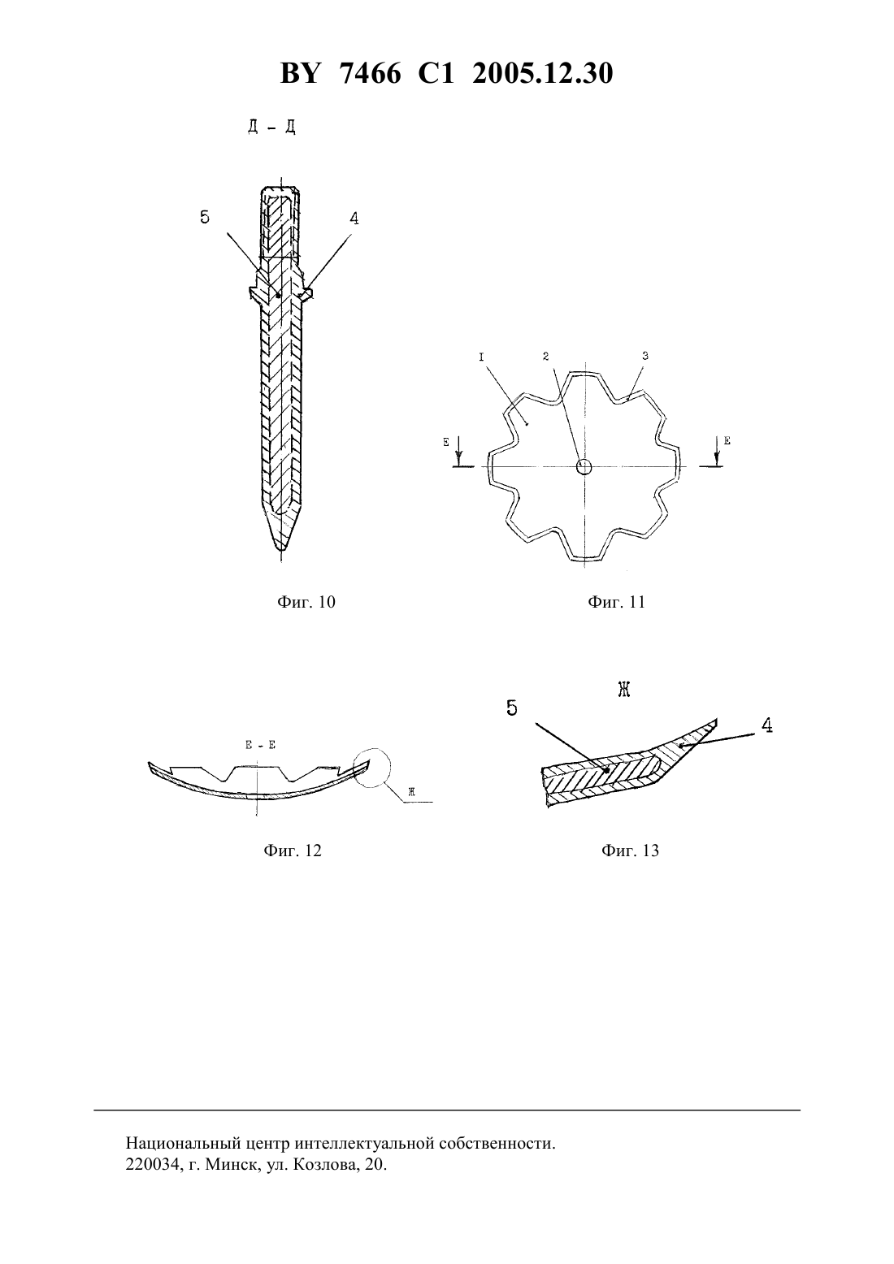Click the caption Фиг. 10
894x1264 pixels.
point(306,602)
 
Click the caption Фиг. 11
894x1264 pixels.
point(616,602)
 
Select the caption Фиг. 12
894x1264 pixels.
point(293,851)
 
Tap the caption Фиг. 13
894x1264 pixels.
point(630,851)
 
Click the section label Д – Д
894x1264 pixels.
point(271,128)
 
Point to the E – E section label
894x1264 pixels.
point(260,745)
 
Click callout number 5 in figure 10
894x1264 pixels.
point(204,217)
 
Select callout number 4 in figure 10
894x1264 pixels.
point(354,219)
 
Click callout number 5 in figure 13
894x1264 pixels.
point(511,708)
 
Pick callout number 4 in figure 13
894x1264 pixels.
point(766,725)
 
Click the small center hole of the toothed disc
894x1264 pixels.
point(584,466)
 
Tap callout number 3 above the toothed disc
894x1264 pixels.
point(645,356)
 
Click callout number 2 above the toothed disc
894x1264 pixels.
point(545,356)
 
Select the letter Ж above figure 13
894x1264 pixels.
point(623,689)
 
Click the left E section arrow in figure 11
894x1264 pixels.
point(460,450)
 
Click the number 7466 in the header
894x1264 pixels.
point(371,74)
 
